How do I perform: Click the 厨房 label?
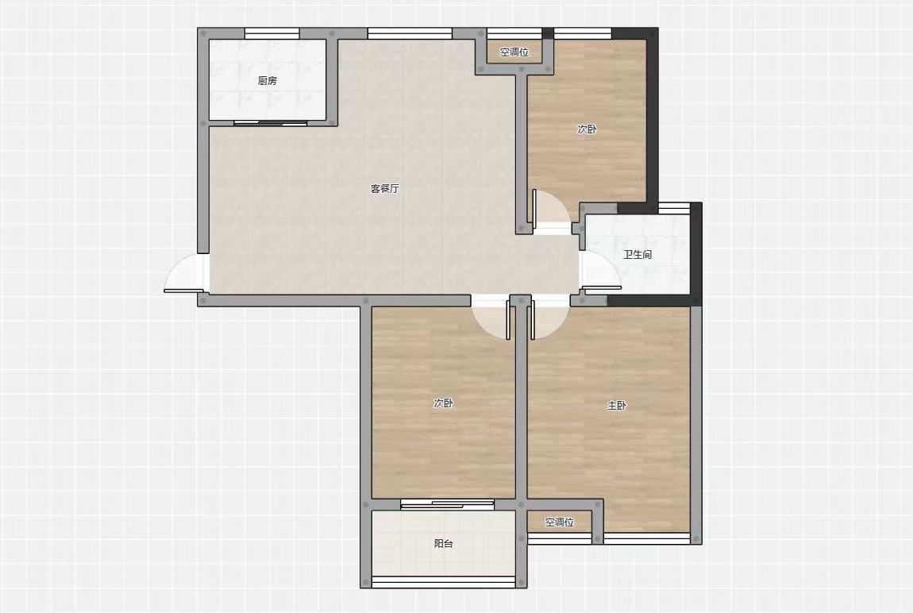[268, 81]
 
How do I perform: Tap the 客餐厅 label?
[385, 189]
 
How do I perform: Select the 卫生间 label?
[638, 254]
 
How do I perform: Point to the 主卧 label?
[617, 405]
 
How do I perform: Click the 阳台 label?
[444, 544]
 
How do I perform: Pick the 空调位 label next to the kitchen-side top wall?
[514, 52]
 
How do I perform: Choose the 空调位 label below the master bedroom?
[560, 522]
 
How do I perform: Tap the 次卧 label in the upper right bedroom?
[587, 129]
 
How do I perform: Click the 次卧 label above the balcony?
[443, 403]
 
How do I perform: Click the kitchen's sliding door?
[270, 123]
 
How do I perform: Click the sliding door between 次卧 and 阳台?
[447, 504]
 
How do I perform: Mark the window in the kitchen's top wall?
[272, 33]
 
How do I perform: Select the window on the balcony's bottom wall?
[444, 581]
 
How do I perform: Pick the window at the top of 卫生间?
[674, 208]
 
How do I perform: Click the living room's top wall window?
[410, 33]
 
